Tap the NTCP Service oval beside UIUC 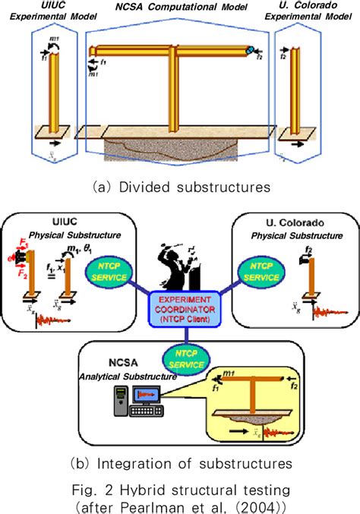tap(113, 270)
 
